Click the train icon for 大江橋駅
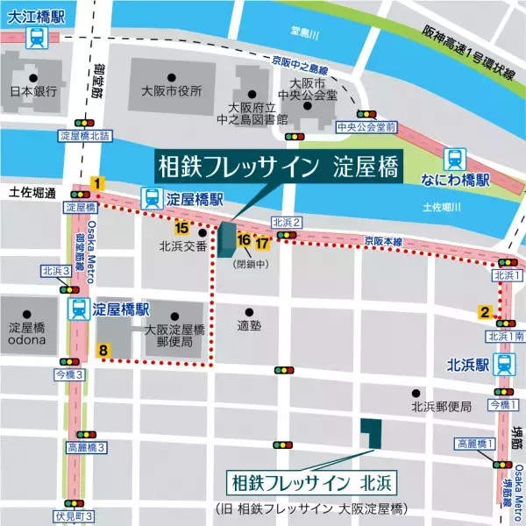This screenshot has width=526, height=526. (37, 38)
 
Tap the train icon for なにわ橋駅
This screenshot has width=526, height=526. (455, 158)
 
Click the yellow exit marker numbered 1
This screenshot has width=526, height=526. (98, 183)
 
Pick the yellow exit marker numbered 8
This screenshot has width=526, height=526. (103, 351)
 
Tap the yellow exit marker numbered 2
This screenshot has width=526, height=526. (483, 311)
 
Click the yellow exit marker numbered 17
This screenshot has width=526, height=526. (260, 242)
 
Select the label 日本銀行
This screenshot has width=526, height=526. (33, 91)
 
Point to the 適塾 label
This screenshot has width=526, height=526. (249, 326)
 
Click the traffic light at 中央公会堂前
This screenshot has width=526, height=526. (366, 114)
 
